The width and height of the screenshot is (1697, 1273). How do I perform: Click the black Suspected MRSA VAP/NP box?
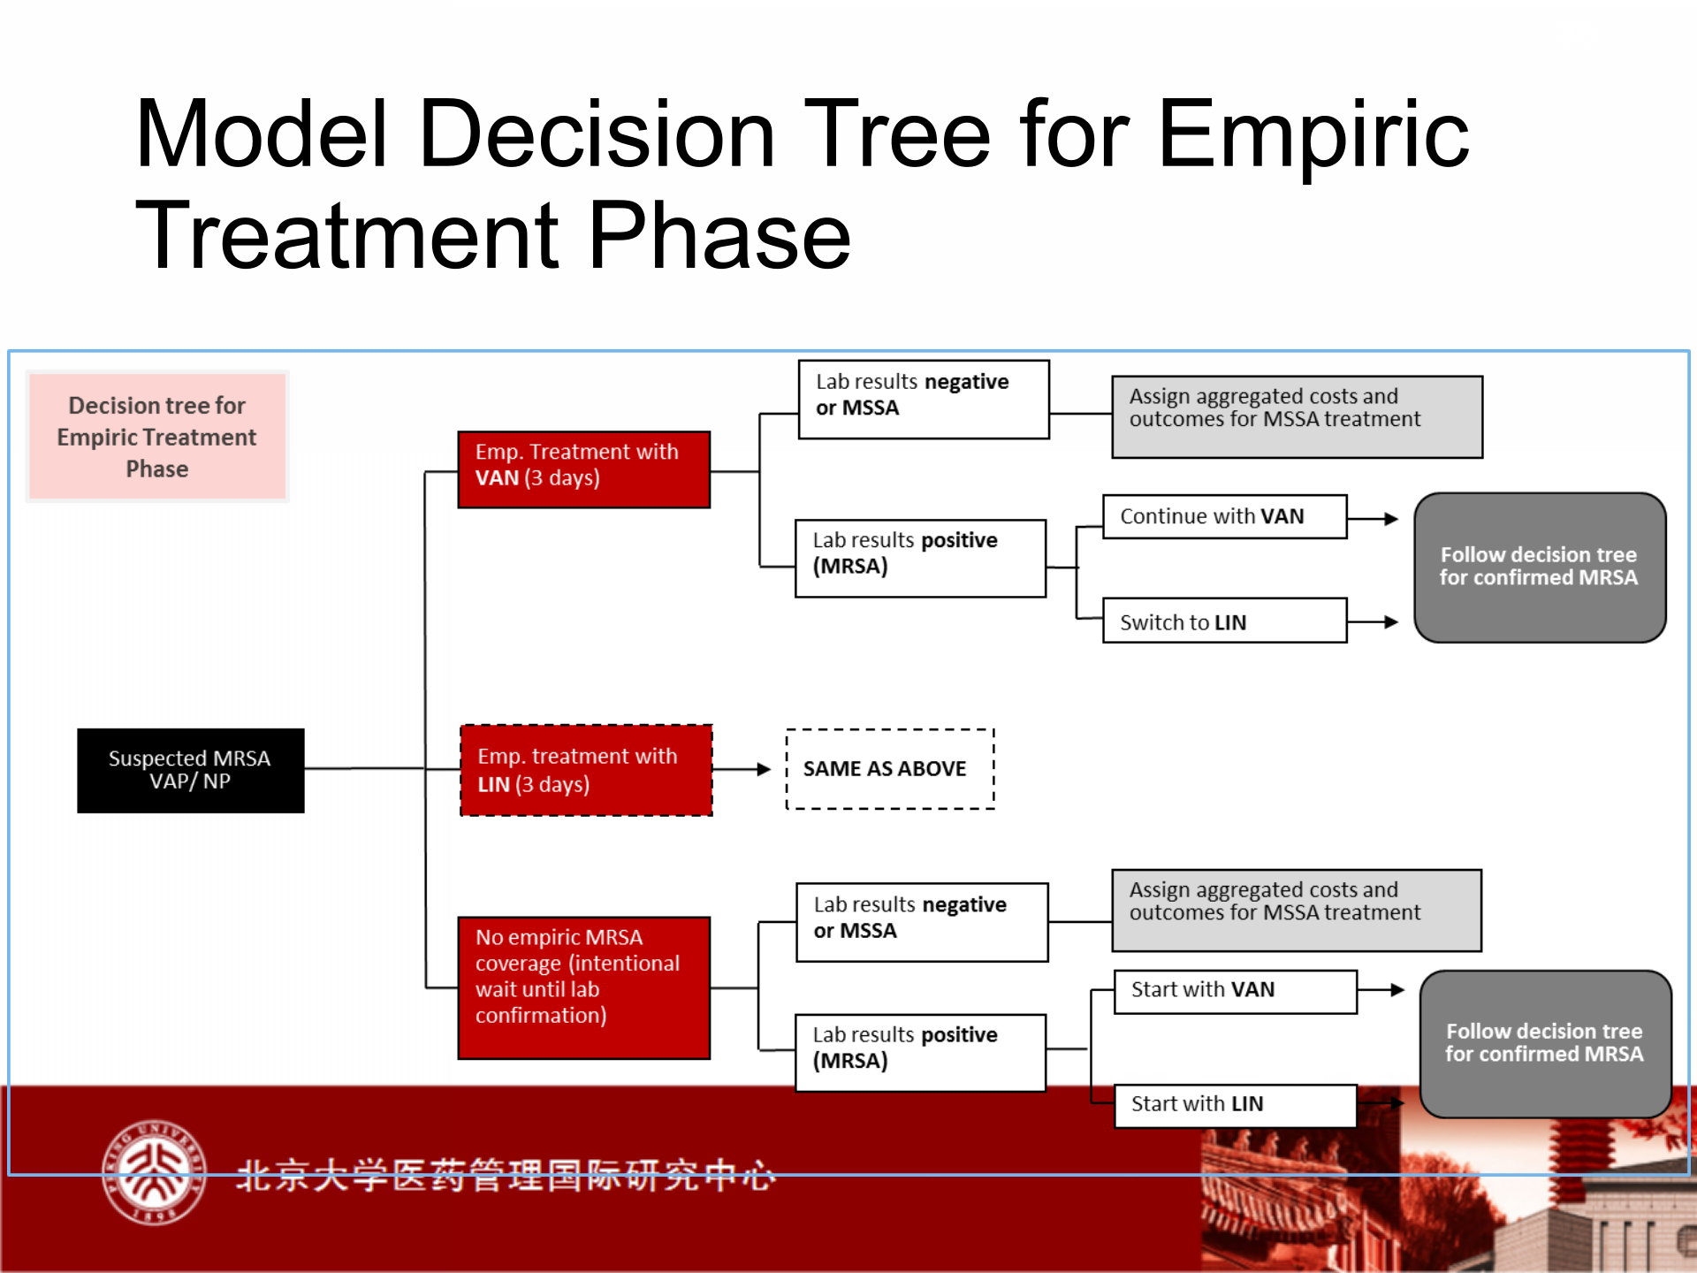pyautogui.click(x=191, y=770)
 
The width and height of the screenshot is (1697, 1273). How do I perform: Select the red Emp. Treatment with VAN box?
pyautogui.click(x=583, y=469)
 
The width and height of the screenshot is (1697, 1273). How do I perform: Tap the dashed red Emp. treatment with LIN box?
pyautogui.click(x=586, y=770)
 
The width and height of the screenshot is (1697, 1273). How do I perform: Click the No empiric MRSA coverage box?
pyautogui.click(x=583, y=987)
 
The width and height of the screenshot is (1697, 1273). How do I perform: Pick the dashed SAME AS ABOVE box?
pyautogui.click(x=890, y=769)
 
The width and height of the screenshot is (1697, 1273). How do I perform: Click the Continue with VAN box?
pyautogui.click(x=1225, y=516)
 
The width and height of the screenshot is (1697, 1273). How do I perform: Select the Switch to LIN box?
pyautogui.click(x=1225, y=621)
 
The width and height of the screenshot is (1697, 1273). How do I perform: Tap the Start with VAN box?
pyautogui.click(x=1236, y=992)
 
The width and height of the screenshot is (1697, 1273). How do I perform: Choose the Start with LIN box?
pyautogui.click(x=1236, y=1105)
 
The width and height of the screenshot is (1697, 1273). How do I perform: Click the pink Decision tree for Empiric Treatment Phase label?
pyautogui.click(x=157, y=437)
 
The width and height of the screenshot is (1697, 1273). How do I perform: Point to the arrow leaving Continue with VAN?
pyautogui.click(x=1373, y=519)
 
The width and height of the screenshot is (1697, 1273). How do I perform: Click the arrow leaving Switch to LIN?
pyautogui.click(x=1373, y=622)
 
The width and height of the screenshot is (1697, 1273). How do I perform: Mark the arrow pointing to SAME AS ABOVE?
pyautogui.click(x=742, y=769)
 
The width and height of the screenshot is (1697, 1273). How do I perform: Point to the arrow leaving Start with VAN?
pyautogui.click(x=1381, y=990)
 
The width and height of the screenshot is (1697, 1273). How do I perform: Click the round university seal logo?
pyautogui.click(x=155, y=1172)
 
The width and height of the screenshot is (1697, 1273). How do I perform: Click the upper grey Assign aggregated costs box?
pyautogui.click(x=1297, y=417)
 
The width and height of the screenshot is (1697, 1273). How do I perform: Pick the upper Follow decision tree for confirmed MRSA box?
pyautogui.click(x=1540, y=568)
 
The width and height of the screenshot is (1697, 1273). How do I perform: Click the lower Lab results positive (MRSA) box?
pyautogui.click(x=920, y=1053)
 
